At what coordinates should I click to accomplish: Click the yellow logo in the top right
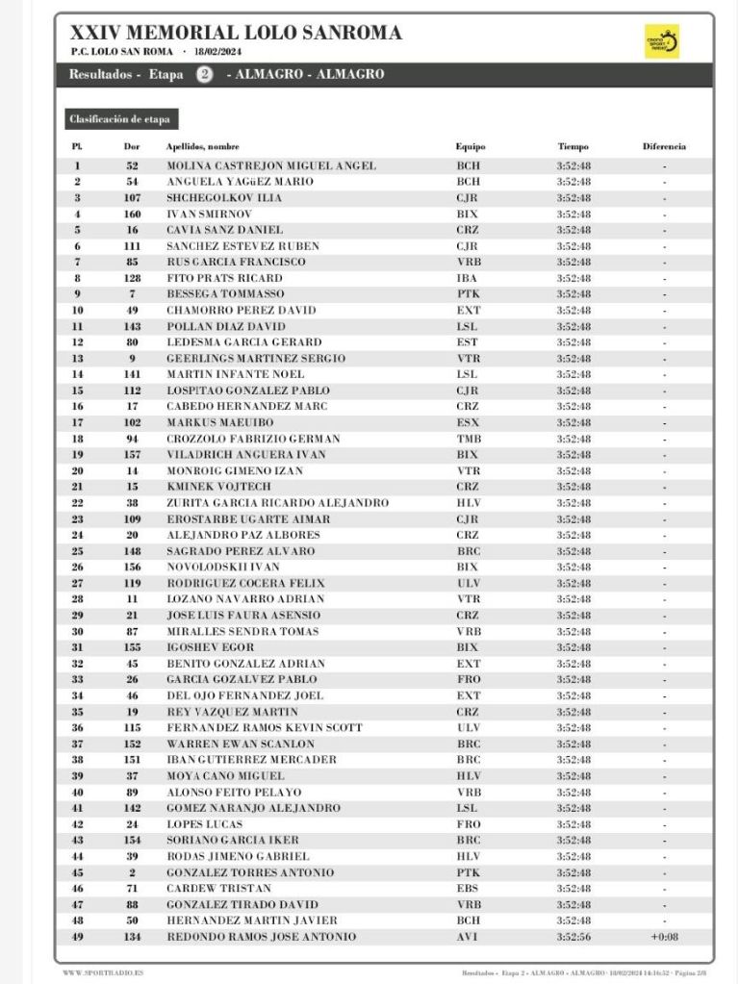click(x=661, y=42)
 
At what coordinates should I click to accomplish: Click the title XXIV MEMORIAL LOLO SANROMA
click(x=236, y=33)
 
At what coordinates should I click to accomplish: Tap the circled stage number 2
click(x=205, y=75)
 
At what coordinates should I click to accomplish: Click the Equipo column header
click(x=471, y=147)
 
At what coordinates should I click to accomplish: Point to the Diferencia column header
click(x=664, y=147)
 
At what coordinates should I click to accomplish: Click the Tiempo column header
click(x=573, y=147)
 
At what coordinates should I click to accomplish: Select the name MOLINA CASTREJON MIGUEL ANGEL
click(x=271, y=165)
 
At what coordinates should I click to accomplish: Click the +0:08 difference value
click(x=664, y=937)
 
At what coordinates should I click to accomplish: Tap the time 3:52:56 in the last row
click(x=573, y=937)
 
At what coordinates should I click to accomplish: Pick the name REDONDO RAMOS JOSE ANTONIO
click(x=261, y=937)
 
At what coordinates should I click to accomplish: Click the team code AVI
click(x=467, y=937)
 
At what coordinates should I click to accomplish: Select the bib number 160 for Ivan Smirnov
click(x=133, y=214)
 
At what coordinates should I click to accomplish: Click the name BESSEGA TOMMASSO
click(x=225, y=294)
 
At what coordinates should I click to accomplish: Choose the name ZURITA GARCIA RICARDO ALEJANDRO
click(x=277, y=503)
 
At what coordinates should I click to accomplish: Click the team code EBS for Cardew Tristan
click(x=467, y=889)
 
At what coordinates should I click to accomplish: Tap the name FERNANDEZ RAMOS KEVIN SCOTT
click(x=265, y=728)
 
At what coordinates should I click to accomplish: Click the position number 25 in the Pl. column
click(x=77, y=551)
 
